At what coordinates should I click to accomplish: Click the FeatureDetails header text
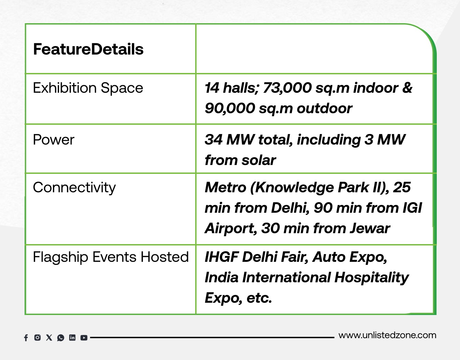(x=88, y=49)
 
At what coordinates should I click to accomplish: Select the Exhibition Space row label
(x=88, y=88)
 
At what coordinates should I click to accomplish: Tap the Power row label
(x=54, y=140)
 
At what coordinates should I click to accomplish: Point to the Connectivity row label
(x=74, y=188)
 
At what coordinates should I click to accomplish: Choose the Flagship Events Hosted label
(x=111, y=257)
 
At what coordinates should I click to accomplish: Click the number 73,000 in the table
(x=287, y=88)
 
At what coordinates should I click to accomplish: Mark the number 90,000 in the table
(x=230, y=108)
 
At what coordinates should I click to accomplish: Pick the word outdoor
(x=325, y=108)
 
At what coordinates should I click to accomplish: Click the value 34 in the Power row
(x=214, y=140)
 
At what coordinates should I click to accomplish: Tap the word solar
(x=259, y=160)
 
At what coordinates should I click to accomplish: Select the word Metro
(x=226, y=187)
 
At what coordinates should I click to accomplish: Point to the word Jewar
(x=370, y=228)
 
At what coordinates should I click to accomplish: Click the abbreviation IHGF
(x=221, y=257)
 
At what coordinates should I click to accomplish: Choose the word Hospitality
(x=372, y=278)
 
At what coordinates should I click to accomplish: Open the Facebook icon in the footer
(x=26, y=338)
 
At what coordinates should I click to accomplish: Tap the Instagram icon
(x=38, y=337)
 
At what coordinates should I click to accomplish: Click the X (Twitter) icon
(x=49, y=337)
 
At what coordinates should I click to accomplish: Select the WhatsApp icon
(x=60, y=338)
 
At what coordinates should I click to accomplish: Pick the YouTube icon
(x=84, y=338)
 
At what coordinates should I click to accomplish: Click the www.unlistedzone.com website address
(x=387, y=335)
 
